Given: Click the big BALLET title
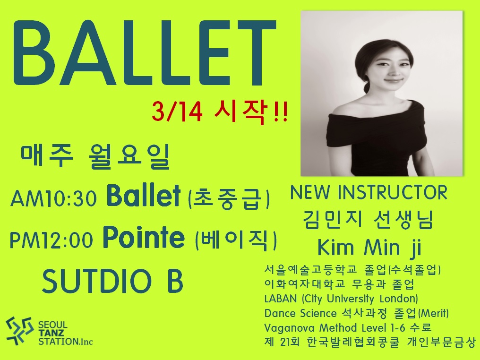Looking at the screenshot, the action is point(144,52).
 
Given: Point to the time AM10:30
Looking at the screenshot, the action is point(53,198).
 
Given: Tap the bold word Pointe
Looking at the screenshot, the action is point(144,237).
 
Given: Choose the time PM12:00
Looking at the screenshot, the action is point(51,240).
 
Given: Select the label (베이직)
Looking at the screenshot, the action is point(236,240).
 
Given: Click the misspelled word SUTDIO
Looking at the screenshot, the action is point(97,281).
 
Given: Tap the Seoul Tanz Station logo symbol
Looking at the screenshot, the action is point(19,331).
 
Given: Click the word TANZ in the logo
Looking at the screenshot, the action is point(51,333).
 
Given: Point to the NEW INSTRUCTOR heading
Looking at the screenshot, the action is point(369,192).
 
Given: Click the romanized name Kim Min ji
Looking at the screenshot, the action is point(369,248).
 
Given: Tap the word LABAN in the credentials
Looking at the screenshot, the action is point(281,299).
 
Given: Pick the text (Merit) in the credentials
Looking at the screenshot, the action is point(434,313).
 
